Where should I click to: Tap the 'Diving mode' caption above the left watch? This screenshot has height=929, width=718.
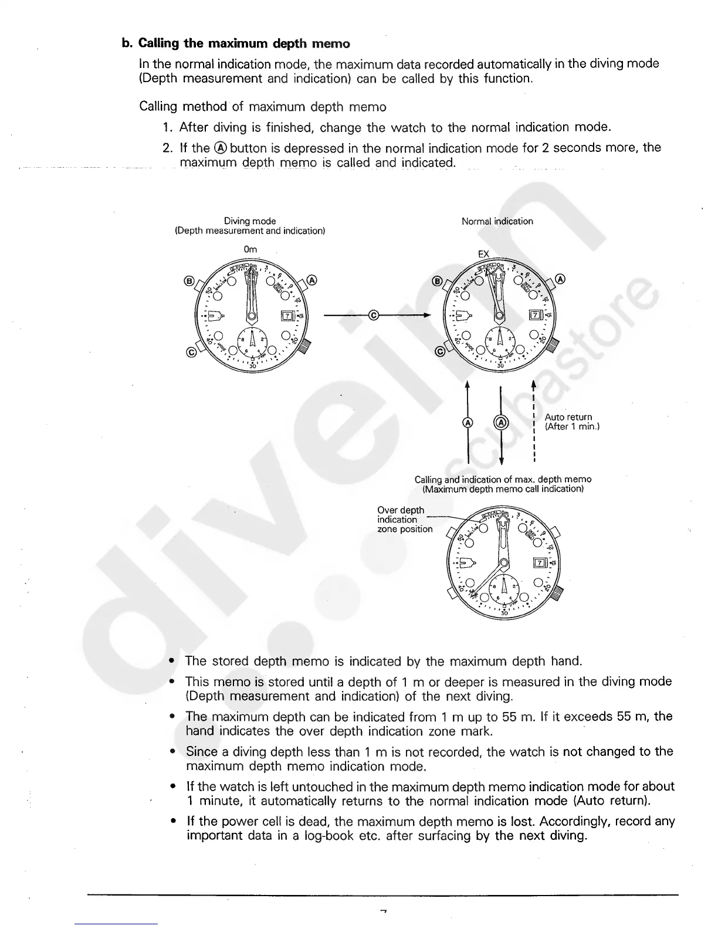(x=250, y=221)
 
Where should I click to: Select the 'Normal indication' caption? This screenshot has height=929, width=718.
(x=497, y=221)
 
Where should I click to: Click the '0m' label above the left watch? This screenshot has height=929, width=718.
(x=250, y=249)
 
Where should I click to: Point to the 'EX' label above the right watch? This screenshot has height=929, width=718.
(x=483, y=254)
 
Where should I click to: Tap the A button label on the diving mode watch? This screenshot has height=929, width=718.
(x=311, y=280)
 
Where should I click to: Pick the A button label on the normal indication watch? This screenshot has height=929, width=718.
(x=560, y=279)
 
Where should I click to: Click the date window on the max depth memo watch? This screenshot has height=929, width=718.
(x=539, y=564)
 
